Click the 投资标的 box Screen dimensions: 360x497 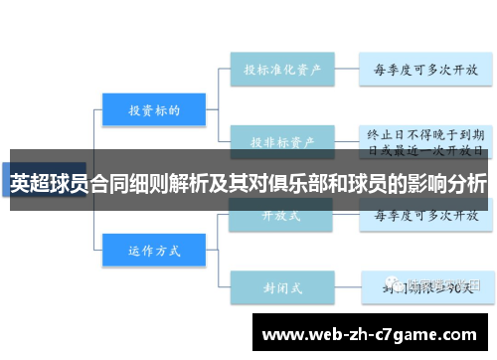click(154, 110)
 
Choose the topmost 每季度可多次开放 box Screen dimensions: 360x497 click(425, 71)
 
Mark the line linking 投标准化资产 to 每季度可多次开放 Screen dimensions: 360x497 click(344, 71)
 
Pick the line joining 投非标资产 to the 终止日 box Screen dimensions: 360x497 click(344, 138)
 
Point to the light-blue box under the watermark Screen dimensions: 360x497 click(425, 290)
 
